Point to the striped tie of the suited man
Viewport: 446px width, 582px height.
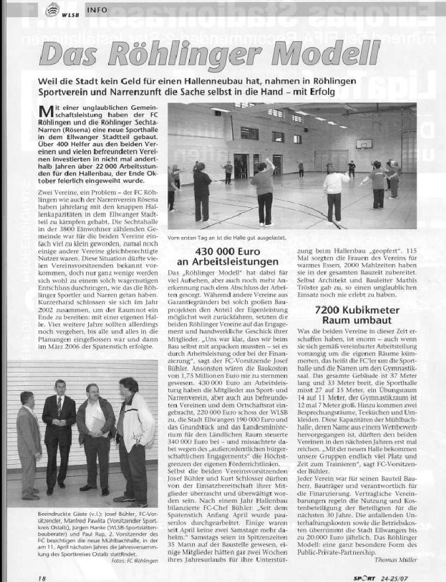click(x=59, y=406)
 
